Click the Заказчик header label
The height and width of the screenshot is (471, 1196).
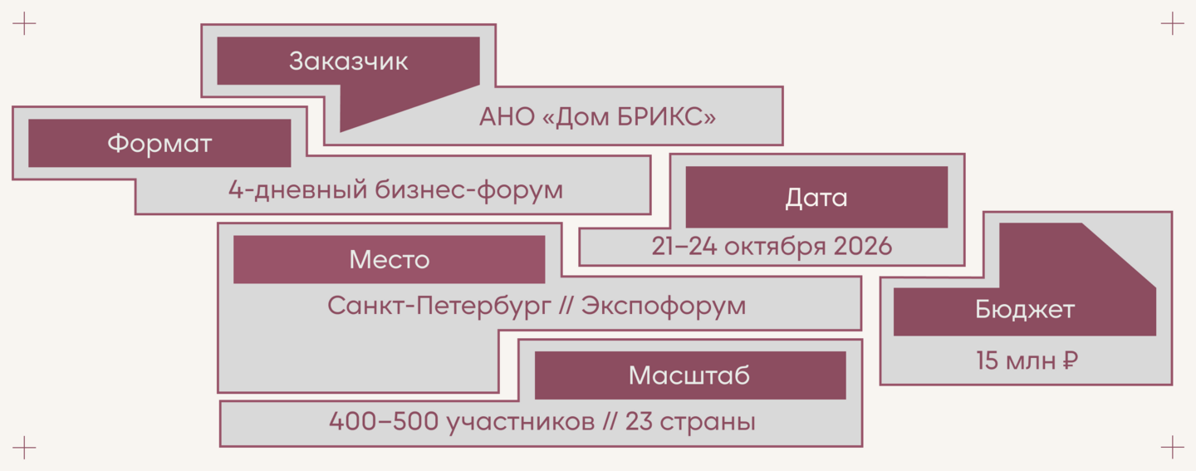[x=348, y=61]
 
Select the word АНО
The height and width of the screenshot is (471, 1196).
[x=507, y=117]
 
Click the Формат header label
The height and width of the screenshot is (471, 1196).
[x=159, y=144]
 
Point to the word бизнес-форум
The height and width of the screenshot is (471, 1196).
[x=468, y=190]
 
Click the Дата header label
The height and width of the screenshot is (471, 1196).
[x=816, y=198]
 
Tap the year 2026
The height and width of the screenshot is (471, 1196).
[x=862, y=246]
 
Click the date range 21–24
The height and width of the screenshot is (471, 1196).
[x=684, y=246]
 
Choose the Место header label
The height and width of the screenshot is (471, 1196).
[x=390, y=260]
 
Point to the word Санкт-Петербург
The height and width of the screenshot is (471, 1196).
[x=439, y=306]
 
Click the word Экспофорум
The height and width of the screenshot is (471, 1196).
[x=663, y=306]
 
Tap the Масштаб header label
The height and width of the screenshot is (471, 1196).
[x=689, y=375]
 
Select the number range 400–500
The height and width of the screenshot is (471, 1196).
[x=384, y=421]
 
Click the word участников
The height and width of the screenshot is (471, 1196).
[x=521, y=422]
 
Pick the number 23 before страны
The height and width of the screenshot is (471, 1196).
[x=639, y=421]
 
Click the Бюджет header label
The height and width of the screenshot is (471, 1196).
[x=1025, y=310]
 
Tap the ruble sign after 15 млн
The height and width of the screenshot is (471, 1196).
[x=1070, y=361]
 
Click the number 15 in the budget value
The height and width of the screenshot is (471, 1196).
[x=987, y=361]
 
